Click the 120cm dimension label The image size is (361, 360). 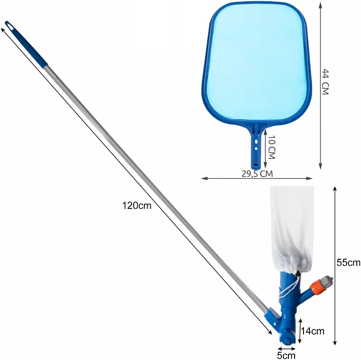point(137,206)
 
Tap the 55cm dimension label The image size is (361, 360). point(348,263)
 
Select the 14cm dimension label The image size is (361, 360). point(312,331)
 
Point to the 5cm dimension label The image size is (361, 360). point(286,355)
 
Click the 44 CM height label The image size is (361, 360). point(325,82)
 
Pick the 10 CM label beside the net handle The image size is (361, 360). point(272,147)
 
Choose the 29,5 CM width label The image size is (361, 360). point(257,174)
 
